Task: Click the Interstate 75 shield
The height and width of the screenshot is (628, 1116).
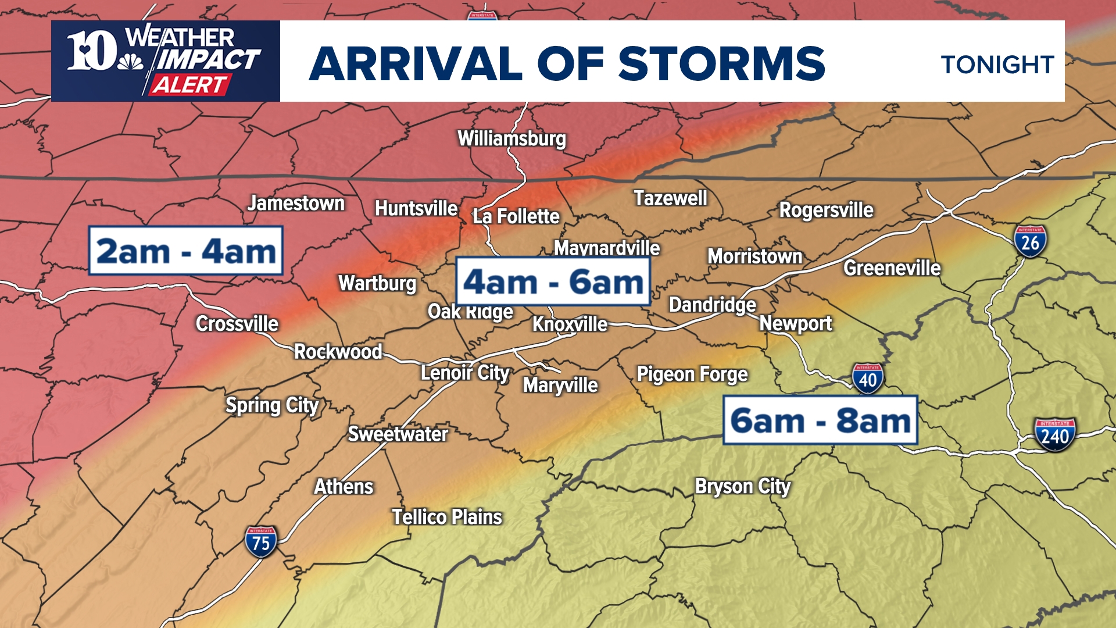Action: (261, 542)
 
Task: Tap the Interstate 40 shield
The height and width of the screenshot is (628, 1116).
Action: (868, 379)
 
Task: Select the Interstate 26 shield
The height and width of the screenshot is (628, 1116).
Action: (1030, 242)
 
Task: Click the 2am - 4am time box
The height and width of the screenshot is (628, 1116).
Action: (185, 251)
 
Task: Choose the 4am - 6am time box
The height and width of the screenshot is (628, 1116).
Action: (552, 281)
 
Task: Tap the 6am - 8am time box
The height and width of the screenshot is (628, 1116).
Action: (820, 420)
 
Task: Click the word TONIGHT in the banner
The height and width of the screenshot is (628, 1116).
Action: (997, 65)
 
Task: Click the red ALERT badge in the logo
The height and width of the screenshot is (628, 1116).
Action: (189, 85)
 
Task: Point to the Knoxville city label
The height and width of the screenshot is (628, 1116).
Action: (570, 324)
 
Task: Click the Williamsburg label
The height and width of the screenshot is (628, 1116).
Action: (512, 138)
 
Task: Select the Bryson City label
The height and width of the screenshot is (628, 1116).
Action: (743, 486)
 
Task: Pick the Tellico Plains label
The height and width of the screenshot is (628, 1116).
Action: (446, 517)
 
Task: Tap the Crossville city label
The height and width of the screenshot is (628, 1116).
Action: (237, 323)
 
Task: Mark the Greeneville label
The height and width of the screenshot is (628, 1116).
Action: (892, 268)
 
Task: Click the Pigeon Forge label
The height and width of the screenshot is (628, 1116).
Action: (692, 374)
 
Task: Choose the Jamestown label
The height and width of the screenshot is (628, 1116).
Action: (296, 204)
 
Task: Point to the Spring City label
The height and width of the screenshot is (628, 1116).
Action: (272, 405)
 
